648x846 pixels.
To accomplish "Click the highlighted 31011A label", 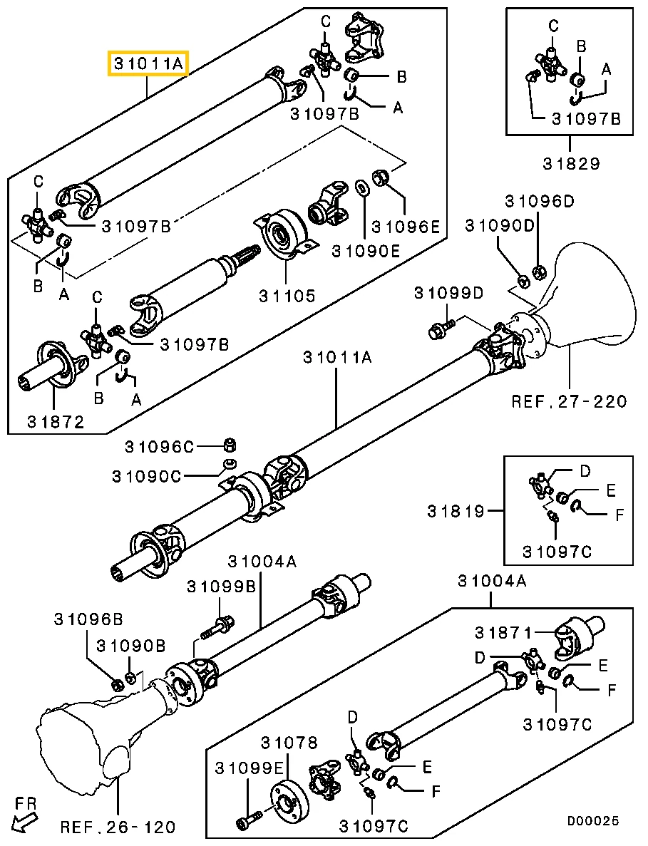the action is point(148,64).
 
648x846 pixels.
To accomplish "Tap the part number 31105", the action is point(287,296).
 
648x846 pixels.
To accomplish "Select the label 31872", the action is point(56,421).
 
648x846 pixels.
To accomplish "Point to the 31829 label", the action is point(572,163).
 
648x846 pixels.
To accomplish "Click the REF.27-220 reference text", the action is point(569,401).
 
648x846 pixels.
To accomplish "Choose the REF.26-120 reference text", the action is point(118,827).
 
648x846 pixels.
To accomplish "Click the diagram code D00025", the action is point(592,820).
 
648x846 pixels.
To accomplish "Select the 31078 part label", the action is point(289,743).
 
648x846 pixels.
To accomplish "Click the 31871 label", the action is point(503,631).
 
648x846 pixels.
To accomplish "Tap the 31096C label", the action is point(159,447).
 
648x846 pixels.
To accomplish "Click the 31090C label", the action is point(147,476).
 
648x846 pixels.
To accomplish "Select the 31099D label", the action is point(449,293).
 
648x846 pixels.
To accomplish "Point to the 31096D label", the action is point(540,201).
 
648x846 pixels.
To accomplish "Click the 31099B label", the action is point(221,587).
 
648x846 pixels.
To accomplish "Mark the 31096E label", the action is point(406,227).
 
